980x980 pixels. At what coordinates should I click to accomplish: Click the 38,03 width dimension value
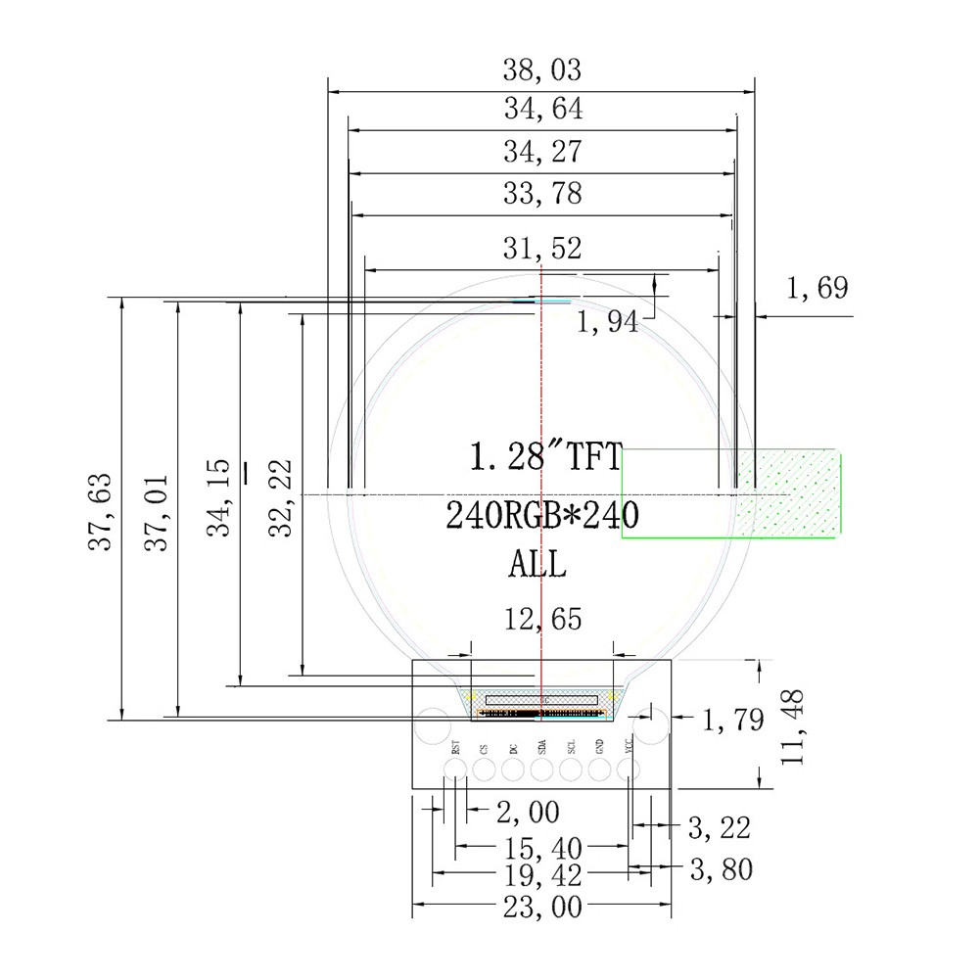[x=541, y=70]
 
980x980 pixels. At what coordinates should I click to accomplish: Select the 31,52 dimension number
[x=541, y=248]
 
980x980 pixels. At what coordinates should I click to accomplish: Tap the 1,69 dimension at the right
[x=817, y=288]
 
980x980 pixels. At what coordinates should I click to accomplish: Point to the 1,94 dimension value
[x=607, y=322]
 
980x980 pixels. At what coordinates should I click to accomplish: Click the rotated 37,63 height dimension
[x=100, y=512]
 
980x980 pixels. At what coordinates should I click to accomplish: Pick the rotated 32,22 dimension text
[x=281, y=498]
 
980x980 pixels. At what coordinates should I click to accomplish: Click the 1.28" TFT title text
[x=545, y=455]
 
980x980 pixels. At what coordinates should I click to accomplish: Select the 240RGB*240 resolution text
[x=541, y=516]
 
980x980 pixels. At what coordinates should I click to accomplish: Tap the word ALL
[x=537, y=564]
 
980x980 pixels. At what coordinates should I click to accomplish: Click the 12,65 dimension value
[x=542, y=620]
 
